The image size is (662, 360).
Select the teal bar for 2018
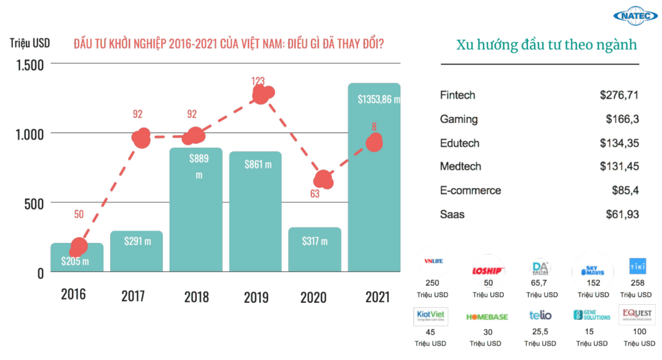click(196, 214)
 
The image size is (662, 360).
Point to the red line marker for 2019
click(262, 94)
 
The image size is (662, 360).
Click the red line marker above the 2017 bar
click(142, 138)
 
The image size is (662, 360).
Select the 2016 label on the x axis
click(73, 294)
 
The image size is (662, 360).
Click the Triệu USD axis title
click(30, 43)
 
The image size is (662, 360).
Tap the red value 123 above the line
click(258, 81)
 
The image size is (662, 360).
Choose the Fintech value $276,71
click(619, 96)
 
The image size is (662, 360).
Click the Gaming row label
click(459, 119)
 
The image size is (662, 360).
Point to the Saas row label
click(452, 215)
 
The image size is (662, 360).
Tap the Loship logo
click(487, 271)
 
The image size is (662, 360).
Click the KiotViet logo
click(431, 316)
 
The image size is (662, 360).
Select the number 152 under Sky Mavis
click(593, 283)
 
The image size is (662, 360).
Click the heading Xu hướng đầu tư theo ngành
click(546, 45)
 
